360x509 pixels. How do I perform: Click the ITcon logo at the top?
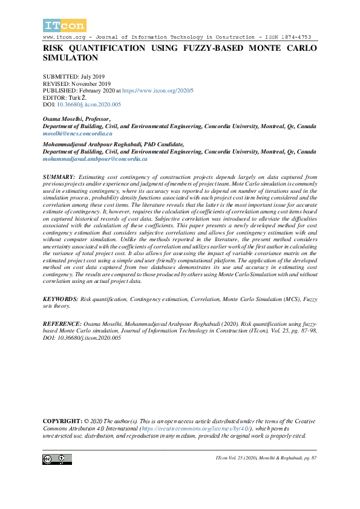[x=65, y=25]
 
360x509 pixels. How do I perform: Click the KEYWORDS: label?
[x=61, y=299]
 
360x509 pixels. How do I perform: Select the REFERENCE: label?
[x=62, y=325]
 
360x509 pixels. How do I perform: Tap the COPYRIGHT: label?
[x=62, y=421]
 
